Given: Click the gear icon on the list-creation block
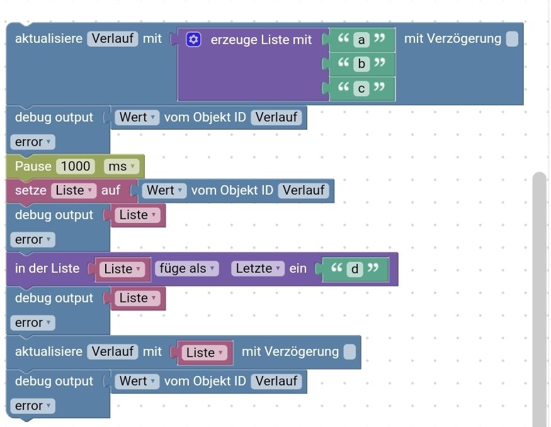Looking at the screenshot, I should pyautogui.click(x=194, y=40).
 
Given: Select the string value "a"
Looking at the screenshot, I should pyautogui.click(x=361, y=40).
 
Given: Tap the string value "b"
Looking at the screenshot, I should pyautogui.click(x=361, y=64).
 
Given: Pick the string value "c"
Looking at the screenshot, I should pyautogui.click(x=361, y=89).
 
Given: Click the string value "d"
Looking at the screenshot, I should pyautogui.click(x=355, y=270).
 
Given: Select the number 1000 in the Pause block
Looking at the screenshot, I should pyautogui.click(x=76, y=166).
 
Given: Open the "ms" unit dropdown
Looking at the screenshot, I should pyautogui.click(x=119, y=167).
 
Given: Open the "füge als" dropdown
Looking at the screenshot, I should pyautogui.click(x=187, y=269).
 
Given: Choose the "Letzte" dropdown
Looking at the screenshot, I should pyautogui.click(x=258, y=269).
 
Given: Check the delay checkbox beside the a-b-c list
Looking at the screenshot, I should pyautogui.click(x=512, y=39).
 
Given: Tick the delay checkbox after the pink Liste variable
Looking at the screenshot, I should pyautogui.click(x=349, y=352).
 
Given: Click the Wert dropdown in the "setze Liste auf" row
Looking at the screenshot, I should pyautogui.click(x=164, y=190).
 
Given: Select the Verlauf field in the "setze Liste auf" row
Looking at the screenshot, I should pyautogui.click(x=304, y=190).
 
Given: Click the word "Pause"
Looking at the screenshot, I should pyautogui.click(x=33, y=166).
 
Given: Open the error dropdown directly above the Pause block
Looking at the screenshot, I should pyautogui.click(x=32, y=142).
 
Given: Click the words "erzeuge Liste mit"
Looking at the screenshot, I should pyautogui.click(x=261, y=40).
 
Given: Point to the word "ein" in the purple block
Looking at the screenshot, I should pyautogui.click(x=298, y=269).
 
